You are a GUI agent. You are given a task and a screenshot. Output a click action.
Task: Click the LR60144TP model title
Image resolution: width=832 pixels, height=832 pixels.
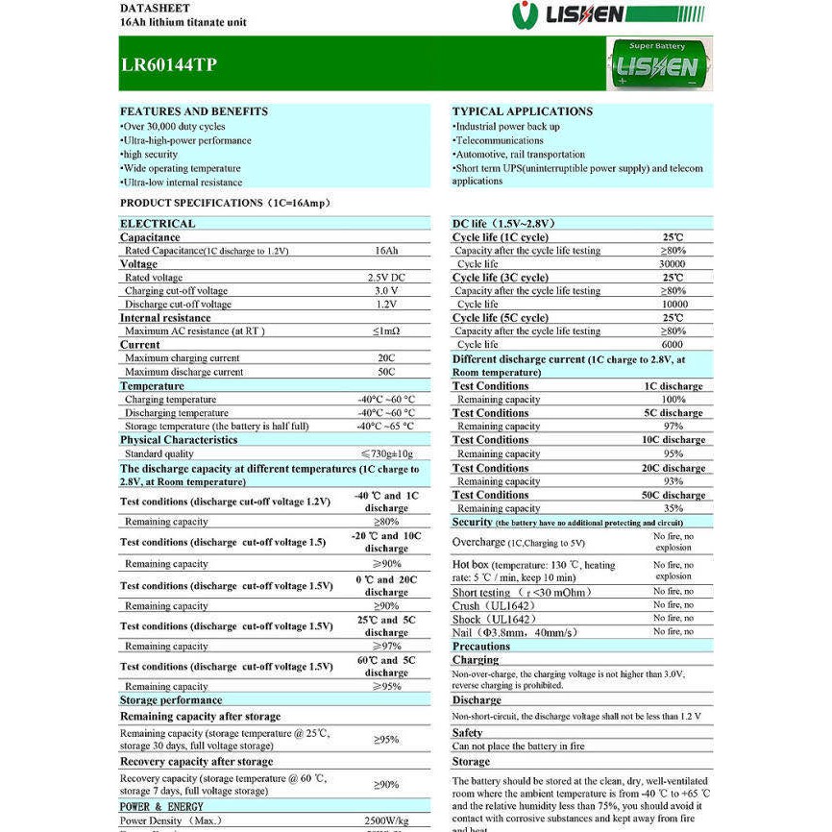[168, 65]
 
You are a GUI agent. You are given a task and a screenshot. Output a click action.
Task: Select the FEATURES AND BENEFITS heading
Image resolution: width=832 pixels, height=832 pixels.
[194, 111]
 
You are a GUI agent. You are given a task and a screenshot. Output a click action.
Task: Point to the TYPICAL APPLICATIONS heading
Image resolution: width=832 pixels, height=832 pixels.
[523, 111]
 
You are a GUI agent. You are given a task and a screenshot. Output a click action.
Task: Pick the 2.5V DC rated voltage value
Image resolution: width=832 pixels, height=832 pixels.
[386, 278]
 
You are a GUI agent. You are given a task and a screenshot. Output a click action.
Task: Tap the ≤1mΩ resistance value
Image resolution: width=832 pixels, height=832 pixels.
[386, 331]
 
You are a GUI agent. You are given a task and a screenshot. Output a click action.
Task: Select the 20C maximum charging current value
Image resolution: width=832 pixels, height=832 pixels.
[386, 358]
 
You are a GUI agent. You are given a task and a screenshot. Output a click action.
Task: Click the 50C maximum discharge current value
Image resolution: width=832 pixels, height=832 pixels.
[386, 372]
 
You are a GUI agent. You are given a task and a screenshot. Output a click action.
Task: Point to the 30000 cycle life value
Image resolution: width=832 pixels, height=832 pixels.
[673, 264]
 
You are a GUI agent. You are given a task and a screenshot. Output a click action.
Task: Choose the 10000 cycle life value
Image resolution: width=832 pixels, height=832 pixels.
[673, 305]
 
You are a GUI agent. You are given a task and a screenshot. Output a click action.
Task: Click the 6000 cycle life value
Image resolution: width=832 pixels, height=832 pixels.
[673, 345]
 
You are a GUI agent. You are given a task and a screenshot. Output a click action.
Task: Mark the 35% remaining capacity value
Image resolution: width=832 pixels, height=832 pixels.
[673, 508]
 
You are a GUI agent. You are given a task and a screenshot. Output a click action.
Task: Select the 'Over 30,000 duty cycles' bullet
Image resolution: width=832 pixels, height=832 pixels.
[173, 127]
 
